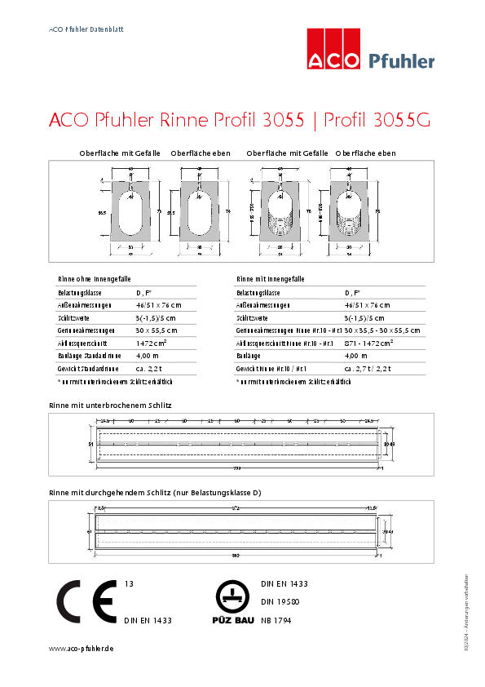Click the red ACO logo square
coord(333,48)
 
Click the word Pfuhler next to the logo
coord(402,60)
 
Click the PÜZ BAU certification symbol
coord(231,604)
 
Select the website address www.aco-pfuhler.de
coord(81,648)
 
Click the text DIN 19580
coord(280,602)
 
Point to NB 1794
coord(276,620)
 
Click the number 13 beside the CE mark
coord(129,584)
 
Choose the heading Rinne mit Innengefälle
coord(271,278)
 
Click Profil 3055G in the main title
coord(377,120)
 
